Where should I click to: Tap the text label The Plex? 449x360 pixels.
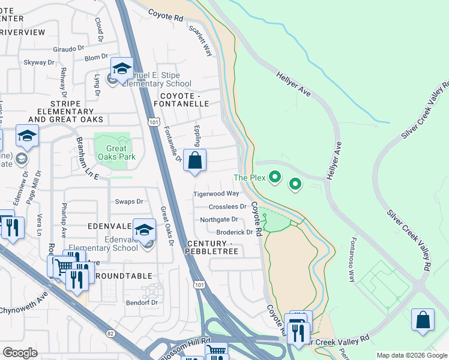(x=249, y=178)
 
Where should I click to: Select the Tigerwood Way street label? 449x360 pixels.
(x=216, y=194)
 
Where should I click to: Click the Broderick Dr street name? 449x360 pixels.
(x=234, y=232)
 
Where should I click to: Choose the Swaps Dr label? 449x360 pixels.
(x=130, y=202)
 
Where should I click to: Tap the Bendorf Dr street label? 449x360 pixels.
(x=142, y=302)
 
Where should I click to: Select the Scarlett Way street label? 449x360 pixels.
(x=201, y=40)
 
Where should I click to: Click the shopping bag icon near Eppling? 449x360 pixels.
(x=194, y=161)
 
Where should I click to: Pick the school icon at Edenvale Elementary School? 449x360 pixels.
(x=144, y=230)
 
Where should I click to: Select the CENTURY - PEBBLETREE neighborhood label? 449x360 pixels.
(x=212, y=247)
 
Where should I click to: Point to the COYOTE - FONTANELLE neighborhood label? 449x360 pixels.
(x=184, y=99)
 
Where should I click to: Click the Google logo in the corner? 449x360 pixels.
(x=20, y=352)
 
